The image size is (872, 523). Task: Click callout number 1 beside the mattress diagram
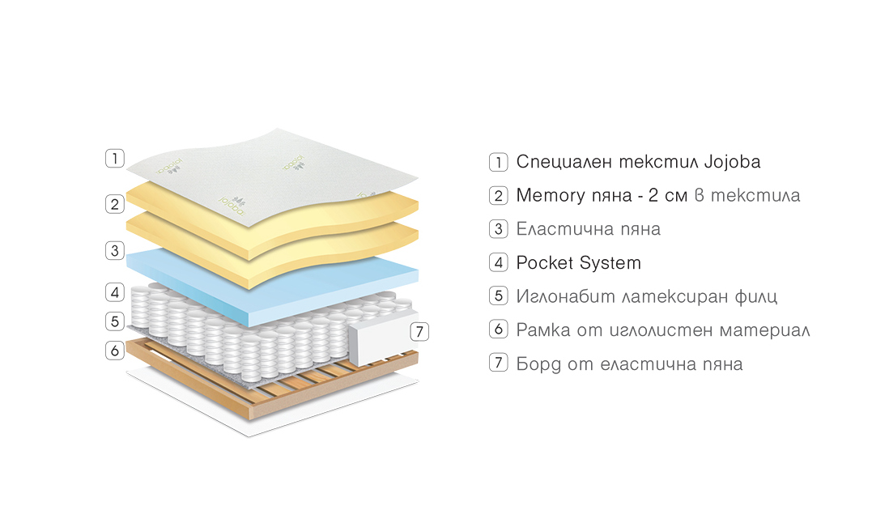coord(114,158)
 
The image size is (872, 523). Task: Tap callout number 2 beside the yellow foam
coord(114,204)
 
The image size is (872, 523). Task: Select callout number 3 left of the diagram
coord(114,250)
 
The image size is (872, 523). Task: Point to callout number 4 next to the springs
coord(114,292)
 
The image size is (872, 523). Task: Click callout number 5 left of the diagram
coord(114,321)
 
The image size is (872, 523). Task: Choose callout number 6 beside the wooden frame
coord(114,350)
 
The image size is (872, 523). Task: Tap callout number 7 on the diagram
coord(419,332)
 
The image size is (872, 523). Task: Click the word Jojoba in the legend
coord(732,162)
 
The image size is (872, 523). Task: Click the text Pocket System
coord(578,263)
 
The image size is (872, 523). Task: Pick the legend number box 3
coord(498,229)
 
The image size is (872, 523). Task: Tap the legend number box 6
coord(498,329)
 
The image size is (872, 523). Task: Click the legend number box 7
coord(498,363)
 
